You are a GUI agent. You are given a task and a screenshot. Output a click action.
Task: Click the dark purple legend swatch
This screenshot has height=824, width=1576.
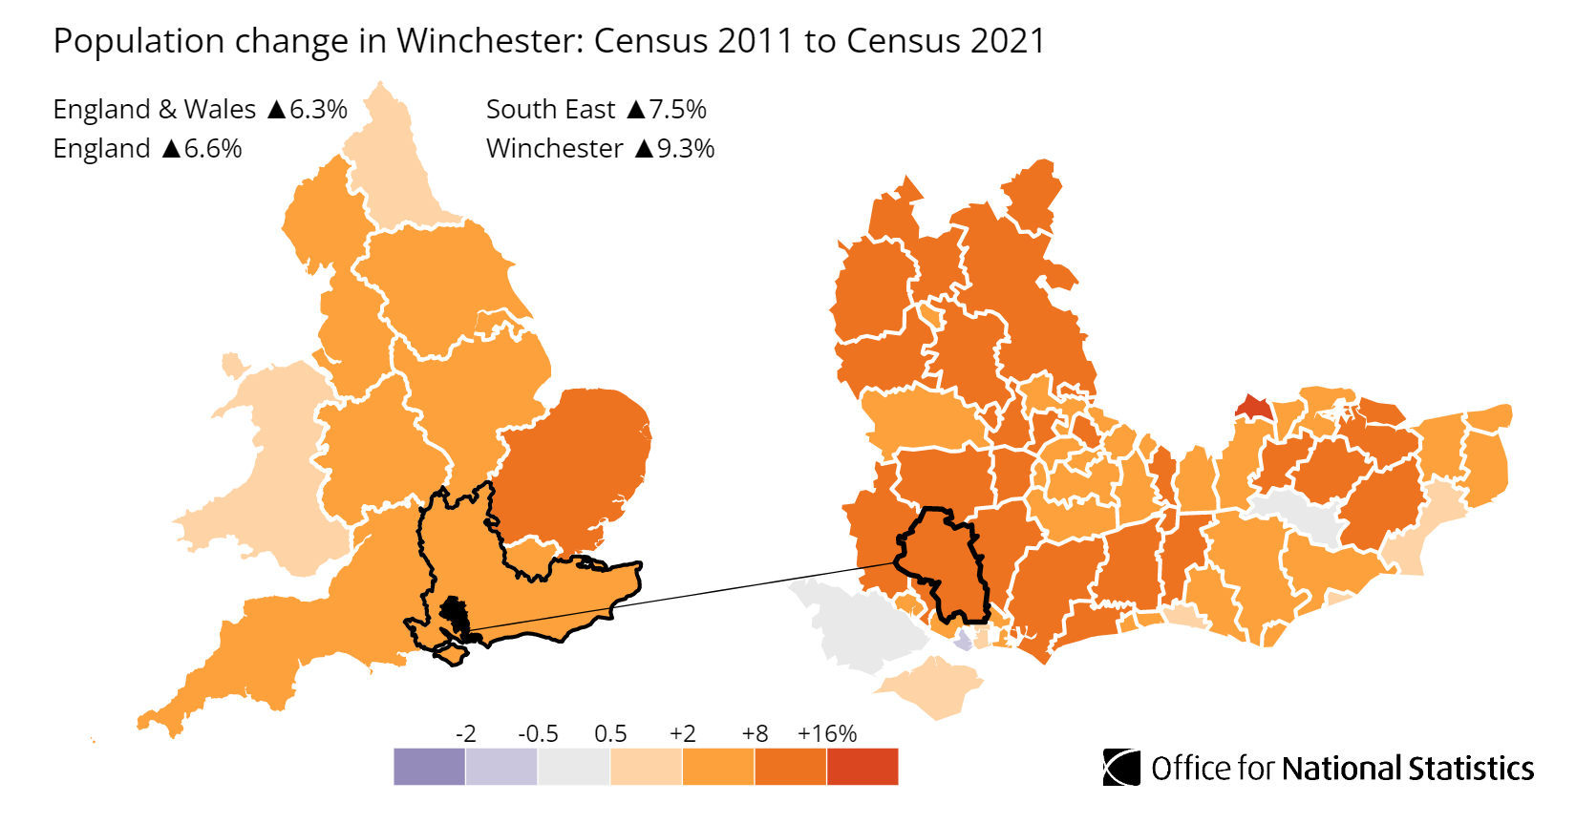[x=429, y=767]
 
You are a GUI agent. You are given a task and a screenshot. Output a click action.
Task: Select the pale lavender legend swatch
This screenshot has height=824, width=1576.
[x=501, y=767]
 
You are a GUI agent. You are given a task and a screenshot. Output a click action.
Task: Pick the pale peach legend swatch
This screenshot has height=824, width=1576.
[x=646, y=767]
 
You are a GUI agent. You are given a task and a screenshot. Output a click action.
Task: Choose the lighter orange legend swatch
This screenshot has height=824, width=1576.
[x=718, y=767]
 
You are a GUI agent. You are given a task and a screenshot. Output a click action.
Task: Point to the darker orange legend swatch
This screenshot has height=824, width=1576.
[x=790, y=767]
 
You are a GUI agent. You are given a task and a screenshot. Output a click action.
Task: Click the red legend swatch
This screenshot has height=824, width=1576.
[x=863, y=767]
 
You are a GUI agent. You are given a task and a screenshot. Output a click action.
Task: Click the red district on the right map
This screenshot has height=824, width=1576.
[x=1254, y=407]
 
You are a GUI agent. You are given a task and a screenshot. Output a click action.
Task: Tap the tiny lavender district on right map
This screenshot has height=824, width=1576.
[x=964, y=641]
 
